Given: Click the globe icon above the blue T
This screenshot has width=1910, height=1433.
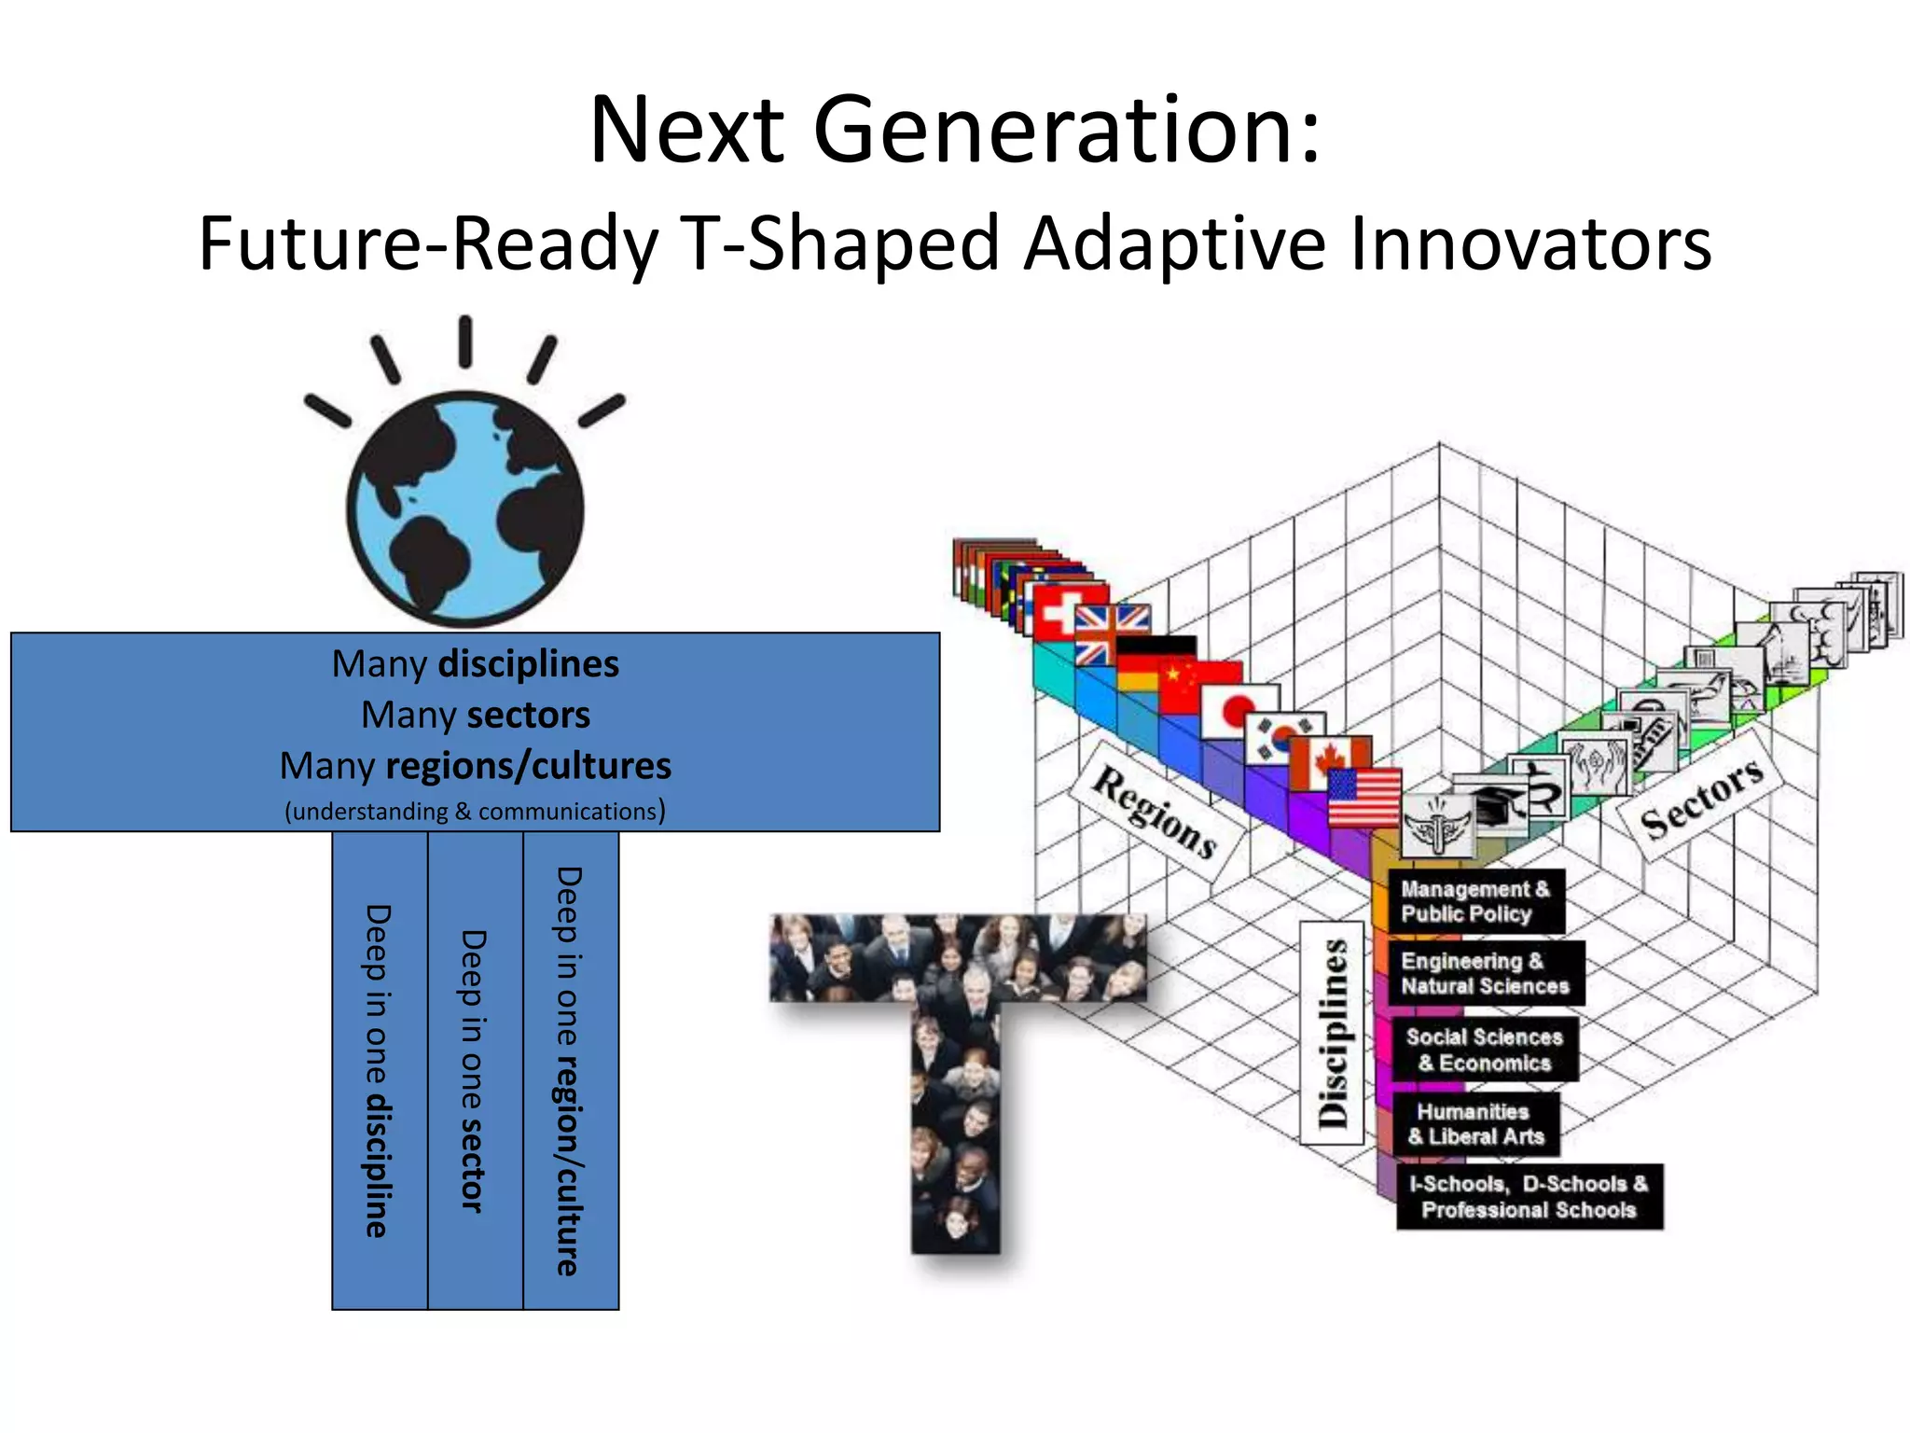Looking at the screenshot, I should point(465,508).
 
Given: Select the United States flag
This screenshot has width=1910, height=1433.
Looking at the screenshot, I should point(1363,797).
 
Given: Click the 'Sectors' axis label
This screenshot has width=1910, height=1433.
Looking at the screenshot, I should point(1701,796).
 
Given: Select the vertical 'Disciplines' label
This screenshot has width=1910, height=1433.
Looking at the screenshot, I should point(1333,1033).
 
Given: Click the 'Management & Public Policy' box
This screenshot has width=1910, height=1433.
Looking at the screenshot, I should point(1474,901).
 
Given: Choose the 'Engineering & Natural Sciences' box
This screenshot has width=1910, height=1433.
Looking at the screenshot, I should point(1485,973).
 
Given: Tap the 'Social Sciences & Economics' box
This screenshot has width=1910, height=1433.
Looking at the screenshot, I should point(1484,1050).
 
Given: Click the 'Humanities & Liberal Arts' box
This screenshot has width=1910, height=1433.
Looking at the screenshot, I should point(1475,1123).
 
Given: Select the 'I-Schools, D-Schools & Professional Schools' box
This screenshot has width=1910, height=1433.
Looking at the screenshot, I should point(1529,1196).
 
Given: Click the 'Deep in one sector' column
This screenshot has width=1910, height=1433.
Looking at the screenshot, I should point(475,1070).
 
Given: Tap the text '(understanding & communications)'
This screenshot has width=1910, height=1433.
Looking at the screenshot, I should point(475,811).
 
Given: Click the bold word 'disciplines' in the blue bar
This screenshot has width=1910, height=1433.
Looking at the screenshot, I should point(528,663).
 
